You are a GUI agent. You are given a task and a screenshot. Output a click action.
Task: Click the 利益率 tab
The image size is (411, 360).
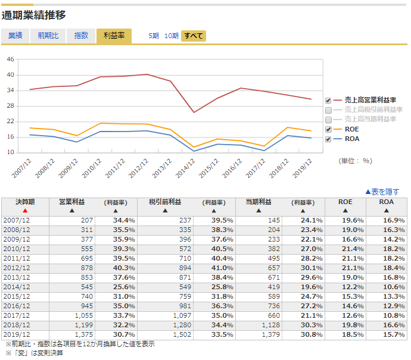click(114, 36)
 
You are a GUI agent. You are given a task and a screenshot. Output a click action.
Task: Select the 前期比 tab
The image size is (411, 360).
click(48, 36)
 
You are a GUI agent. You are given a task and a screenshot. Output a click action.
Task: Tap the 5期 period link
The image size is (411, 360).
click(154, 36)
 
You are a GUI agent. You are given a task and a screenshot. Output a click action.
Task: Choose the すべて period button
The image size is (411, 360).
click(194, 36)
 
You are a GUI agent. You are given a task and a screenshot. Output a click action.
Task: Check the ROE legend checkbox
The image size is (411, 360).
click(328, 129)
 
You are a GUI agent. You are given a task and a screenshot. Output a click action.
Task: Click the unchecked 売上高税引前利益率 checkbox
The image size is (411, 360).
click(328, 110)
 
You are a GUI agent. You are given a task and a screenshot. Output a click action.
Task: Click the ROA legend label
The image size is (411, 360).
click(352, 139)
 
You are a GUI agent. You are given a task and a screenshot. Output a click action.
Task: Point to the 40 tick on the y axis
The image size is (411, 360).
click(10, 75)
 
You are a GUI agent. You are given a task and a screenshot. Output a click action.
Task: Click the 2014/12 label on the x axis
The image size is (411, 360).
click(186, 168)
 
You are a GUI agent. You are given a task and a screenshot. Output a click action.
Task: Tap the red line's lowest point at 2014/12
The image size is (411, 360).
click(194, 112)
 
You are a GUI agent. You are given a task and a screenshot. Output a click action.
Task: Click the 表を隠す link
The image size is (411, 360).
click(382, 192)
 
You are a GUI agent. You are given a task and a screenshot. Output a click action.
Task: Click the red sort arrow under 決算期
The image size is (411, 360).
click(25, 211)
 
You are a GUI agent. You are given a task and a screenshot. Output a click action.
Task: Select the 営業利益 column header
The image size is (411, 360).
click(72, 202)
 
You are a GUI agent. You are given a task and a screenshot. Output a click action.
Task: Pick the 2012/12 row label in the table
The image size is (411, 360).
click(17, 268)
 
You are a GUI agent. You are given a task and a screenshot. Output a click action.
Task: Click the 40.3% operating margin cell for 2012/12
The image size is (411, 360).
click(124, 268)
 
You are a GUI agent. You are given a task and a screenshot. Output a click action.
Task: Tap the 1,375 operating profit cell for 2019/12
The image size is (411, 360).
click(84, 334)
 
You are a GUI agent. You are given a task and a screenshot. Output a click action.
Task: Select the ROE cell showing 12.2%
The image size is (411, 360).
click(353, 287)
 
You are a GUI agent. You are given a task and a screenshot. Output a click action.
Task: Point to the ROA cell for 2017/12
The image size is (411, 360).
click(394, 315)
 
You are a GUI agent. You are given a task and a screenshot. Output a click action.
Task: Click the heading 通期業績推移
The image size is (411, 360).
click(33, 15)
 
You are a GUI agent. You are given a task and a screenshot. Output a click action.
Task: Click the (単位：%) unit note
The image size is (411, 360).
click(355, 161)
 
